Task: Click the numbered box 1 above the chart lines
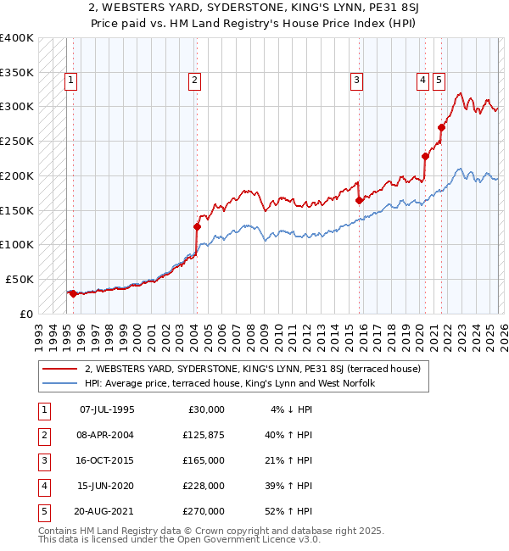click(70, 81)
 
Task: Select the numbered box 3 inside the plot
click(357, 81)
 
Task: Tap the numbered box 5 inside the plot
click(439, 81)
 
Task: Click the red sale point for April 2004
click(197, 226)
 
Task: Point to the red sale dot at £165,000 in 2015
click(359, 200)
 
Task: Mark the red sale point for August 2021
click(441, 128)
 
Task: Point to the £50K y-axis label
click(20, 279)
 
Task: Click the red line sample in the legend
click(60, 369)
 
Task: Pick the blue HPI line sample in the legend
click(60, 383)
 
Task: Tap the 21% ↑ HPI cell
click(288, 460)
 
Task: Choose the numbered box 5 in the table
click(42, 511)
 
